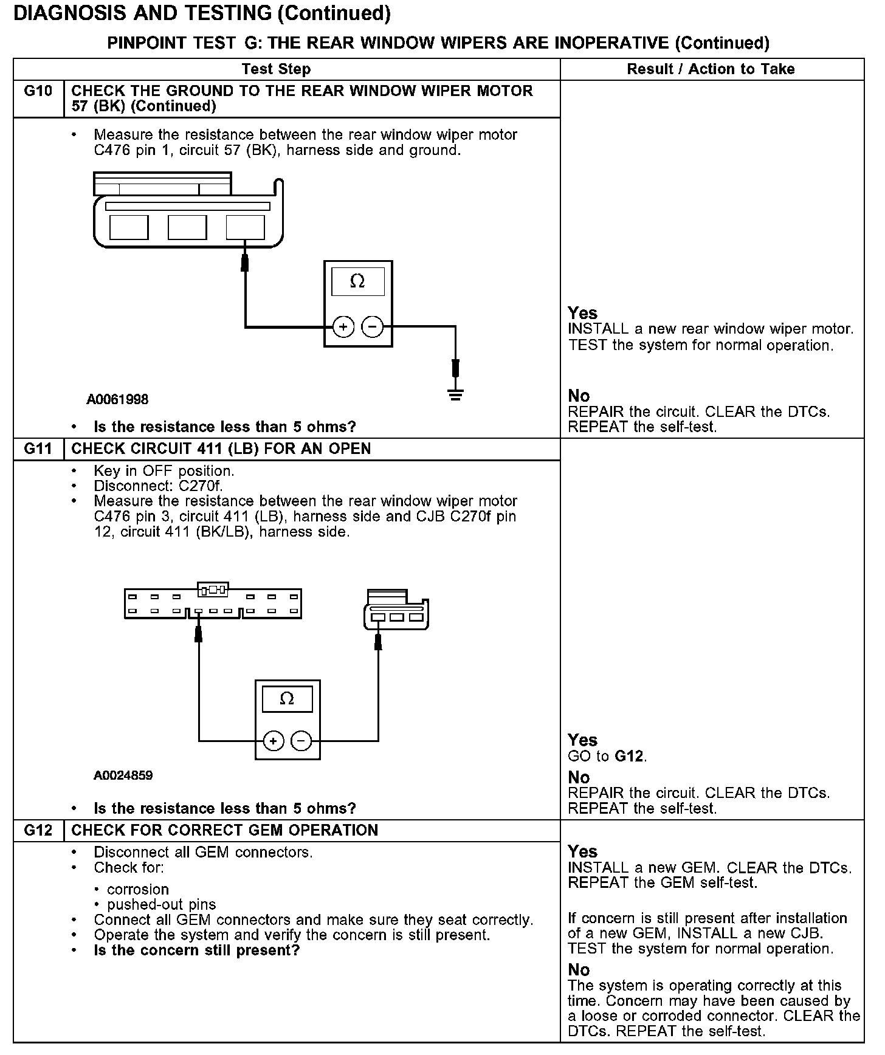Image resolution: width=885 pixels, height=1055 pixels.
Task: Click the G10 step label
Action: [38, 91]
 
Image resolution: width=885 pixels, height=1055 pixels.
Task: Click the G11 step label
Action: [38, 449]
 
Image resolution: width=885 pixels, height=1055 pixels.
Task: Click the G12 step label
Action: [38, 831]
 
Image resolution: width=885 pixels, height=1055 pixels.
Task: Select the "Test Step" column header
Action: [276, 69]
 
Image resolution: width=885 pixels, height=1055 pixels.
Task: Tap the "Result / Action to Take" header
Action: [711, 69]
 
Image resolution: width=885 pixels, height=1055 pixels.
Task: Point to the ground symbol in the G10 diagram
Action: [455, 394]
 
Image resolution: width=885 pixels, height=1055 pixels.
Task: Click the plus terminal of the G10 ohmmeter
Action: [343, 328]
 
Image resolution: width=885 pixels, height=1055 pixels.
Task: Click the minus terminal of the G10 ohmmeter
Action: [373, 328]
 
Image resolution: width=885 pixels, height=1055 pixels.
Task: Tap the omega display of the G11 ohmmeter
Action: [287, 699]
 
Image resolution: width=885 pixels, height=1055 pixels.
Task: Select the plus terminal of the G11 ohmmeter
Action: [274, 741]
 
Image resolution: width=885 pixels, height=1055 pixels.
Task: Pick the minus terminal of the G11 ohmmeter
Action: [301, 741]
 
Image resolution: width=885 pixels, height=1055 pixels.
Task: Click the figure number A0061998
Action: [117, 400]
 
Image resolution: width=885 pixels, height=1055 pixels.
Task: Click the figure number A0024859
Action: [123, 775]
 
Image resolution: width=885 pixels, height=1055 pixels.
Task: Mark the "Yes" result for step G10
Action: [582, 313]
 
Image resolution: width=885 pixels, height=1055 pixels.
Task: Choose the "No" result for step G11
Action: [579, 778]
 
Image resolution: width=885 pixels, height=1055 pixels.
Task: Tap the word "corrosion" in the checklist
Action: [138, 890]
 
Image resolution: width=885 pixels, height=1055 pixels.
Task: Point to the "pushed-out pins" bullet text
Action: [161, 905]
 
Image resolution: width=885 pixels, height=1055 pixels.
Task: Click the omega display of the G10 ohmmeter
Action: [357, 281]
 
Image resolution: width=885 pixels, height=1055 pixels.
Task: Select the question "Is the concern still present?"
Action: [197, 950]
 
